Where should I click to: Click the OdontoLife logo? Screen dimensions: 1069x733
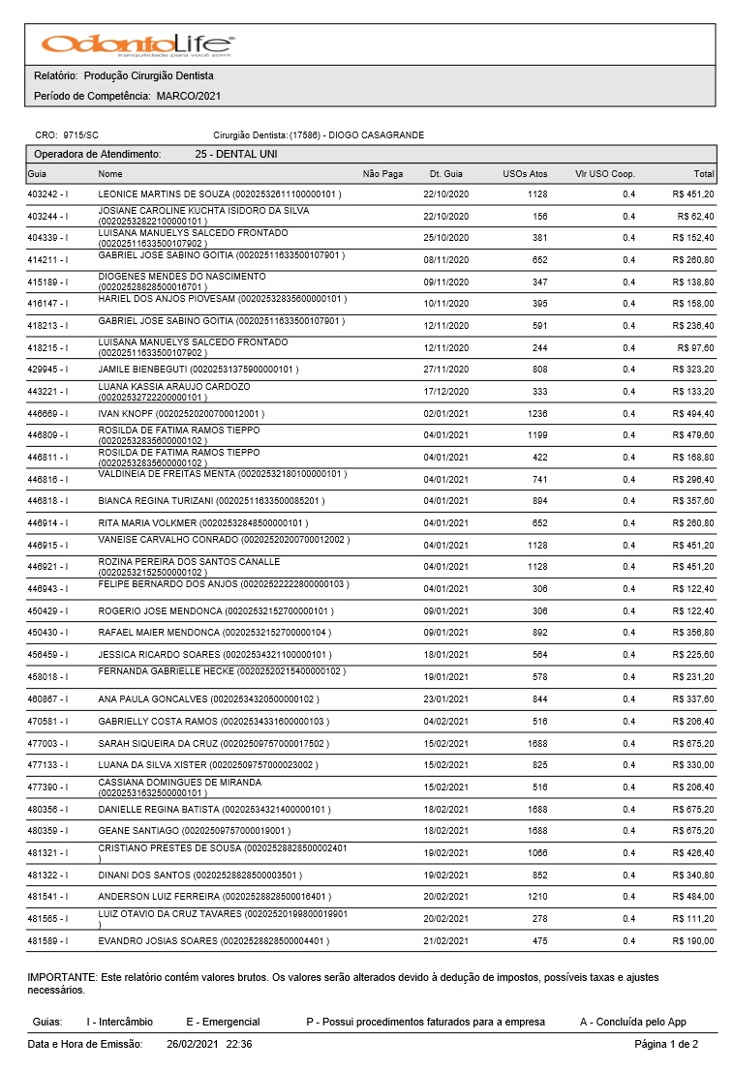tap(137, 45)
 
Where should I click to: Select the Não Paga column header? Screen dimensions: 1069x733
tap(382, 174)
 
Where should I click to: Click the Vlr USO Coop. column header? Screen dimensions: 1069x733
tap(605, 174)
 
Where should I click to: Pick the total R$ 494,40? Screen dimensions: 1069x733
tap(693, 414)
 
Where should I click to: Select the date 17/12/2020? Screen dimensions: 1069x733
tap(445, 392)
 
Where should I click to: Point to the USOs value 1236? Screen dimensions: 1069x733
tap(537, 414)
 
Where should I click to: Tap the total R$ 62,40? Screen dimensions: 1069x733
tap(696, 217)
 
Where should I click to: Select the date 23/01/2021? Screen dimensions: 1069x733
tap(445, 699)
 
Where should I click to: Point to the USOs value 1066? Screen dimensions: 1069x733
tap(537, 853)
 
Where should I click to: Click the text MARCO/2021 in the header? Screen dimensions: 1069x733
tap(188, 97)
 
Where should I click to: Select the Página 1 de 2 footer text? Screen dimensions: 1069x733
tap(665, 1045)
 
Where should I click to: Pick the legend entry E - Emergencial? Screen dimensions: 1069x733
tap(223, 1022)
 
